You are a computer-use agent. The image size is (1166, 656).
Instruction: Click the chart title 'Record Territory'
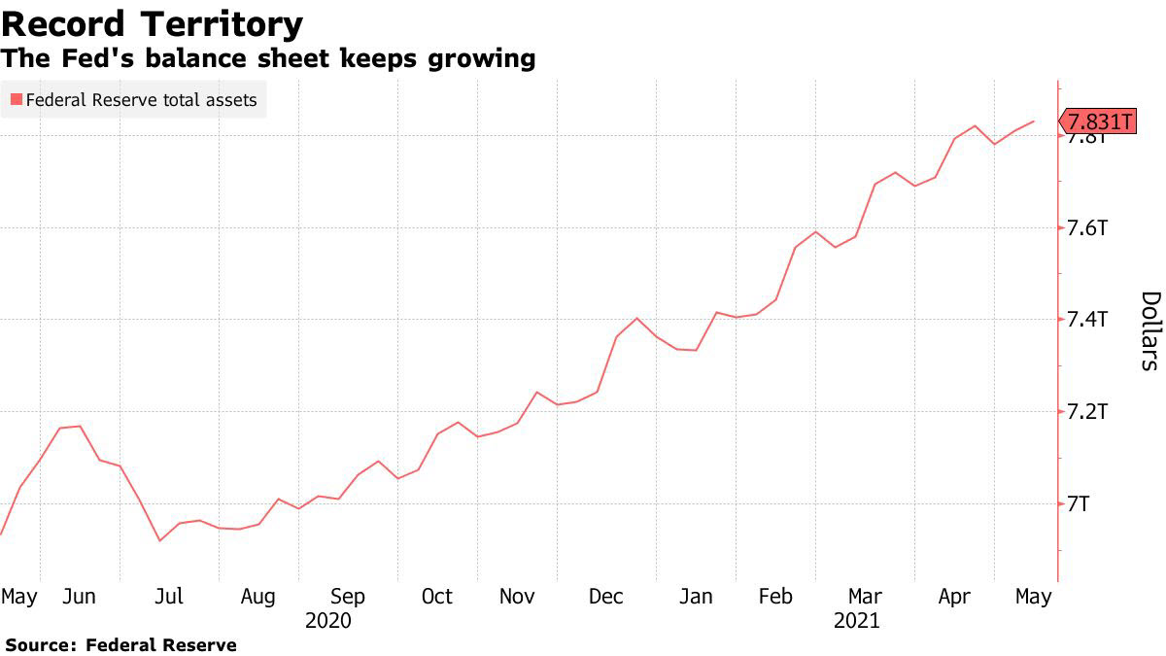coord(153,23)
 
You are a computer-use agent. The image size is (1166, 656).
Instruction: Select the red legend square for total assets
coord(17,99)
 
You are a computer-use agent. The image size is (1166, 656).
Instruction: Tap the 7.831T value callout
coord(1099,121)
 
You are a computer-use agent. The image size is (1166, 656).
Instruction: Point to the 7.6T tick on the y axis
coord(1088,228)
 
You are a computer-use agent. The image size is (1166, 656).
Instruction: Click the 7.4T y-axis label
coord(1088,320)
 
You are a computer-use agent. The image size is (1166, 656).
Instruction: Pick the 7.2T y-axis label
coord(1088,412)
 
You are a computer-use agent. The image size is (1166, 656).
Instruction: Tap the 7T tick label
coord(1079,503)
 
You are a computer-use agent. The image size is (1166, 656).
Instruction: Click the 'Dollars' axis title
coord(1149,330)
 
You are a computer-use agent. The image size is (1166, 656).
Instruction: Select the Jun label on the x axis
coord(79,597)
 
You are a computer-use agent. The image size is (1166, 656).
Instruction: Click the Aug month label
coord(257,597)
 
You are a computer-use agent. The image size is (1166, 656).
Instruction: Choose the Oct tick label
coord(436,597)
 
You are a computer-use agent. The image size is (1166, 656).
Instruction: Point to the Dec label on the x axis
coord(606,597)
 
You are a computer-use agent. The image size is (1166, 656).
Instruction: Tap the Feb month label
coord(775,597)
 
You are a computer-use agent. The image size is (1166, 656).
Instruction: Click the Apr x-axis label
coord(954,597)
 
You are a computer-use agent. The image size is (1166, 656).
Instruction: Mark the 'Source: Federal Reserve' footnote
coord(120,644)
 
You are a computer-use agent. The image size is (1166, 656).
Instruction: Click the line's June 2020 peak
coord(78,426)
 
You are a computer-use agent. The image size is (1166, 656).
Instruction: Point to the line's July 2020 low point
coord(159,540)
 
